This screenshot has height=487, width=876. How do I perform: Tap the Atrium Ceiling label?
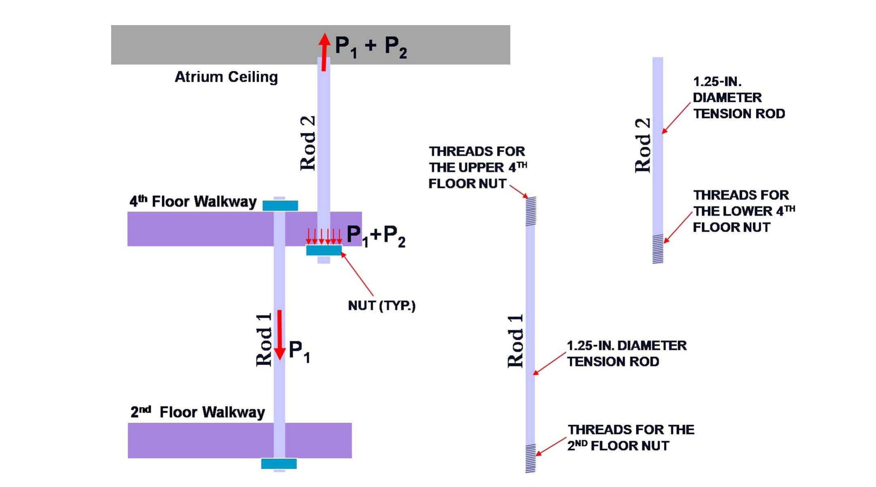coord(226,77)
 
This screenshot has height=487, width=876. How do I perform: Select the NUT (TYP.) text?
coord(381,306)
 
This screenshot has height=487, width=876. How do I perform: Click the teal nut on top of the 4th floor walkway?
coord(280,206)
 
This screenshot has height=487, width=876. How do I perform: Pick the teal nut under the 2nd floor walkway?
coord(279,463)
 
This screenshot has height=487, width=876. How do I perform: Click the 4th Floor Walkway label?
coord(193,201)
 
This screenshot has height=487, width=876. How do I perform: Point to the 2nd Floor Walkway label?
coord(198,412)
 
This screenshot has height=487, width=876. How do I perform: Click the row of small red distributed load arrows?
coord(324,236)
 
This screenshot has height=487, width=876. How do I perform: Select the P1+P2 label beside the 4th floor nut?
coord(376,236)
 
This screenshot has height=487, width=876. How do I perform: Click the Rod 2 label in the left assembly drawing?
coord(308,143)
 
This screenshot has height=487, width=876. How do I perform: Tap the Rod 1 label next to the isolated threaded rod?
coord(516,341)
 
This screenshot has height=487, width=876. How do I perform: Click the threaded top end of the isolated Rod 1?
coord(531,211)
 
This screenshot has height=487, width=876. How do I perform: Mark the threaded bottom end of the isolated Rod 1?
coord(530,458)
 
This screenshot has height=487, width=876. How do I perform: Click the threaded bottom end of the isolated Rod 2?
coord(658,249)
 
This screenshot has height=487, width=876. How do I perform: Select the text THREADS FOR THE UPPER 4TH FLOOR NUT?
coord(477,167)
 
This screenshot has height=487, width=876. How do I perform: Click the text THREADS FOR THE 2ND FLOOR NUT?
coord(630,437)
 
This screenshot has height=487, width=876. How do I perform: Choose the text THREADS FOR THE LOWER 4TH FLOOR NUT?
coord(743,211)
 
